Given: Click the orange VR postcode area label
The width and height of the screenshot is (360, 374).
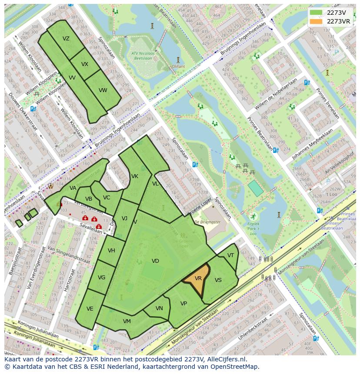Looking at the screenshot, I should click(x=198, y=278).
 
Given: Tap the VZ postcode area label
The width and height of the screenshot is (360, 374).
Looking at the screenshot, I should click(x=66, y=39).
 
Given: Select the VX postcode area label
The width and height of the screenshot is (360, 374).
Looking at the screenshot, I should click(x=85, y=64).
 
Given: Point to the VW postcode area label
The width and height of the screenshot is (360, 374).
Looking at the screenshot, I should click(x=103, y=90).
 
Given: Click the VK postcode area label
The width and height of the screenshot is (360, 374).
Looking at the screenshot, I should click(x=135, y=176).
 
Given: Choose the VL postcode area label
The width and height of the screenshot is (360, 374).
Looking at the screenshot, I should click(x=155, y=184).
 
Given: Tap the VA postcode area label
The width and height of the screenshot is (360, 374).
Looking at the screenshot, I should click(x=73, y=188).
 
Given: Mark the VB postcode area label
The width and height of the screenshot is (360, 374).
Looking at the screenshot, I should click(x=89, y=199).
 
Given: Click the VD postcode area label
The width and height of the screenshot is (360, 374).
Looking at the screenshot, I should click(x=155, y=261).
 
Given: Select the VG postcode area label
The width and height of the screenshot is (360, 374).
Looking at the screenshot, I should click(x=101, y=278).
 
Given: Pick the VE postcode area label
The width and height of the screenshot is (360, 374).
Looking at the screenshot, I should click(x=90, y=309).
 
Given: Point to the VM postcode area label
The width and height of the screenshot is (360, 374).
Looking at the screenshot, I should click(x=127, y=321).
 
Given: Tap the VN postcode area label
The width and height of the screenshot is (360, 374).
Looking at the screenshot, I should click(x=159, y=308).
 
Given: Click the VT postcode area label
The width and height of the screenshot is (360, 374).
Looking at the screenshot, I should click(x=230, y=255).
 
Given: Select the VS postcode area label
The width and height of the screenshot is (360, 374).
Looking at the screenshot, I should click(x=218, y=280).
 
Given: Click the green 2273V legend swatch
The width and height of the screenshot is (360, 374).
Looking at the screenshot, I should click(x=316, y=13).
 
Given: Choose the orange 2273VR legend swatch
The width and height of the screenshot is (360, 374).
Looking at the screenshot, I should click(x=316, y=21).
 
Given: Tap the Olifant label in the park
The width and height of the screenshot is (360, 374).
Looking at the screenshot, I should click(x=178, y=66).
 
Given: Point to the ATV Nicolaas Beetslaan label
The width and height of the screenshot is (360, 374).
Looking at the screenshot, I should click(x=143, y=55).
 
